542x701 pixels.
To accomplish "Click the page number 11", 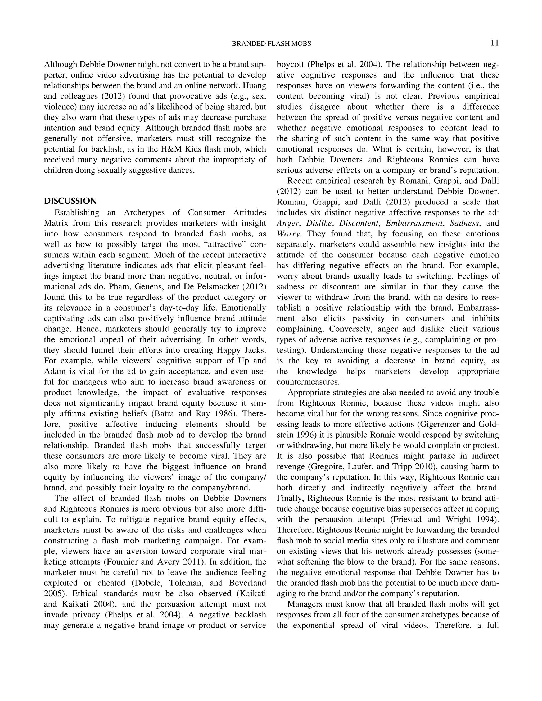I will [494, 43].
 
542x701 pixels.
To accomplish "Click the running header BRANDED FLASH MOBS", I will [271, 44].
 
